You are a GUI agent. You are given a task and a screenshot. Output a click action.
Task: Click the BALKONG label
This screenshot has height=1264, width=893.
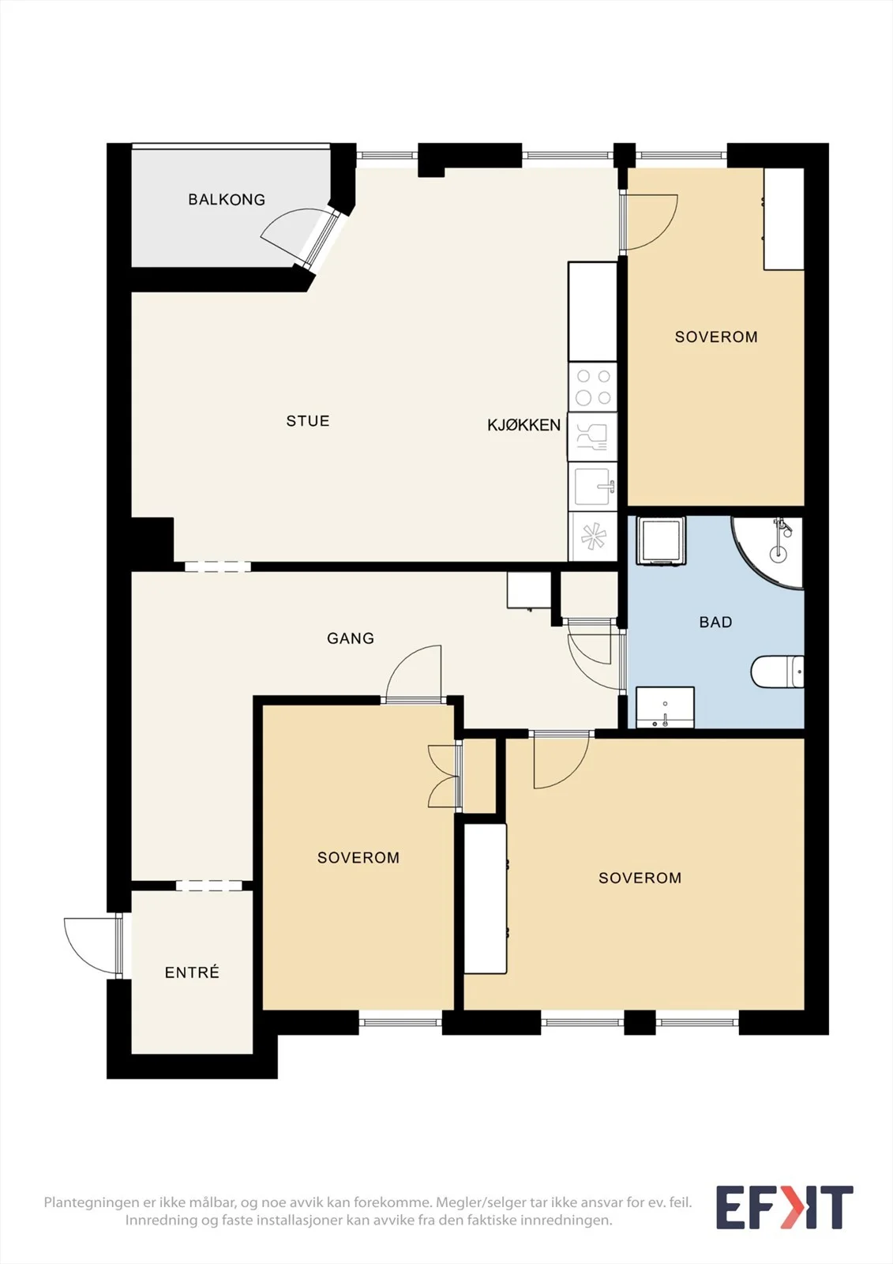point(227,199)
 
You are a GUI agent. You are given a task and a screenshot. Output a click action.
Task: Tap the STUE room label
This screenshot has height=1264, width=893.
point(307,421)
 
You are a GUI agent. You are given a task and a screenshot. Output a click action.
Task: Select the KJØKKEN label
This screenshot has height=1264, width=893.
point(523,425)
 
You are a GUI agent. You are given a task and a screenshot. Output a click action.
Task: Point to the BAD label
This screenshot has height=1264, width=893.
point(715,622)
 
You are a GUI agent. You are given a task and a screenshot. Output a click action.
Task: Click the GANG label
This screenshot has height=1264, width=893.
point(351,638)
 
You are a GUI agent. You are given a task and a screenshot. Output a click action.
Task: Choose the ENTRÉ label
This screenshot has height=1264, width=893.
point(192,972)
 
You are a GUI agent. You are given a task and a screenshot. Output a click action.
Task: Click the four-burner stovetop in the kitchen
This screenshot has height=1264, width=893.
point(592,387)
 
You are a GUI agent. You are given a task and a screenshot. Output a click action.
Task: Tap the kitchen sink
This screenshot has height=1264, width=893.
point(592,487)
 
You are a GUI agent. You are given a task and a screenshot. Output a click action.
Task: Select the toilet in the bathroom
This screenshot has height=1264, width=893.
point(778,671)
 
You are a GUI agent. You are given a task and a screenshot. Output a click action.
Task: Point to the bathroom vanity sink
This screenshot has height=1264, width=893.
point(665,707)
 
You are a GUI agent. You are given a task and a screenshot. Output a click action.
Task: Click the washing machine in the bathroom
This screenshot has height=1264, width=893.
point(661,540)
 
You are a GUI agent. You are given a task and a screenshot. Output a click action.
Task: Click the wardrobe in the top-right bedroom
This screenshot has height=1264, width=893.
point(783,219)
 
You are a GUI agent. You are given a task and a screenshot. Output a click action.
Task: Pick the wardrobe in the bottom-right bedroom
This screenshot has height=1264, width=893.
point(485,898)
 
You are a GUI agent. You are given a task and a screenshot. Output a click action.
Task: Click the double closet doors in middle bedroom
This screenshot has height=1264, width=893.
point(445,776)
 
